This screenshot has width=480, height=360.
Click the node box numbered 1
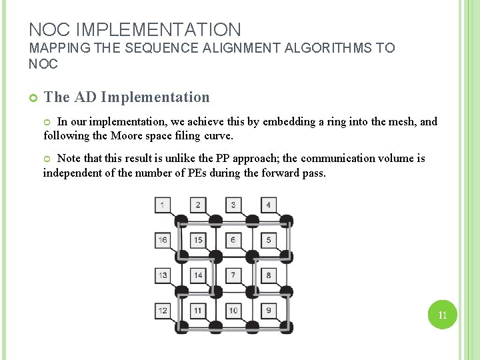[163, 205]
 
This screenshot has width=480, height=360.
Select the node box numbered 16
[163, 240]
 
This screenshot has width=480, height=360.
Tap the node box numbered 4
[268, 205]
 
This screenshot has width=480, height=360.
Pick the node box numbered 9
[268, 310]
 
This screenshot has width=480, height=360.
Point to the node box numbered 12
[163, 310]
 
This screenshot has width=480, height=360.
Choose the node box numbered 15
[198, 240]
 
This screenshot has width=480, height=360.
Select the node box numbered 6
[233, 240]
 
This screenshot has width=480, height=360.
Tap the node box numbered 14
[198, 275]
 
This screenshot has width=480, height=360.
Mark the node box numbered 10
[233, 310]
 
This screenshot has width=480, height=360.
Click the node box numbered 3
[233, 205]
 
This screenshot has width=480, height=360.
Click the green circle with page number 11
[442, 315]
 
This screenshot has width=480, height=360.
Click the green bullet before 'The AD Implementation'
[33, 98]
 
